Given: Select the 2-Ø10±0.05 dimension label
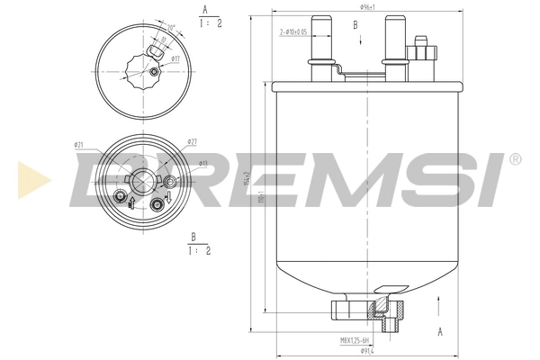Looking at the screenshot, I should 294,31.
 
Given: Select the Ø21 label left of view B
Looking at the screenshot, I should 79,144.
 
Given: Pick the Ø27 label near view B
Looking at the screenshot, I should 192,141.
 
